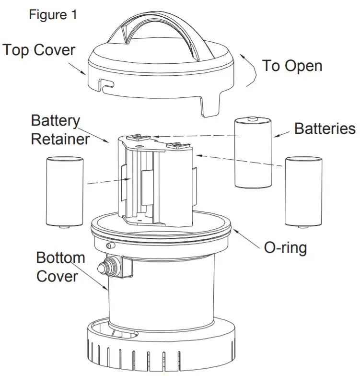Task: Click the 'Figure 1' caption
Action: coord(53,15)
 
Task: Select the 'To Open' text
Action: coord(292,66)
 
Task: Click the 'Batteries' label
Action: coord(325,129)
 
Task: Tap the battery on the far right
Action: coord(303,192)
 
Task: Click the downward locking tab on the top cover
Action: coord(210,103)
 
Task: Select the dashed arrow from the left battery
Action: coord(105,181)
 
